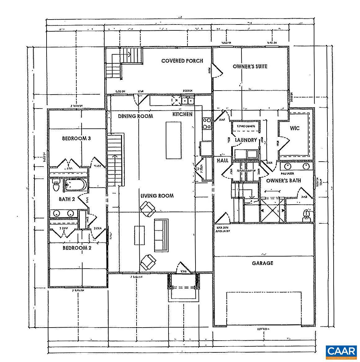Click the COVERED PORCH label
tap(182, 61)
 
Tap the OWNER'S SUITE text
tap(250, 66)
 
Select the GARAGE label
tap(263, 263)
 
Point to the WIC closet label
tap(295, 128)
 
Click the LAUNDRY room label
tap(246, 140)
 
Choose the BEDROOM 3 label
tap(76, 138)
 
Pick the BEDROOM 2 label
tap(77, 248)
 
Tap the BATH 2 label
tap(67, 199)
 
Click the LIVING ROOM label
tap(157, 196)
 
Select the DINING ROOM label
tap(136, 116)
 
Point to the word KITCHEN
tap(182, 114)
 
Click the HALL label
tap(223, 160)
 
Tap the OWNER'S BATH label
tap(283, 181)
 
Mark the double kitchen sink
tap(188, 101)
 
